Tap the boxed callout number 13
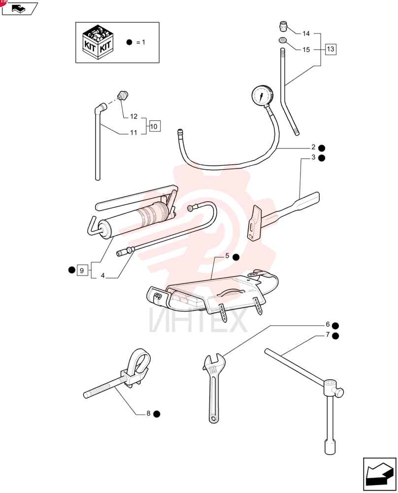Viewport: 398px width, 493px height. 330,49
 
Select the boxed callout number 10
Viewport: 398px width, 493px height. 154,126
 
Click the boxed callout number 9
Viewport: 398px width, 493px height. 82,270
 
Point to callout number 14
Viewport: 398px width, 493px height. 306,34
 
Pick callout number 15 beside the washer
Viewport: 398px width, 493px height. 306,50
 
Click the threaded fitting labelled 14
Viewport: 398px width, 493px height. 284,26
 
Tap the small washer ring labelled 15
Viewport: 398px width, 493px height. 282,40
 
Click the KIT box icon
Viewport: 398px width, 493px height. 98,42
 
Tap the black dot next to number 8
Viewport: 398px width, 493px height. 157,414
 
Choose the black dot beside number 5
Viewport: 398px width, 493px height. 236,257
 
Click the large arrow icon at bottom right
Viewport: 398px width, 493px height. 379,474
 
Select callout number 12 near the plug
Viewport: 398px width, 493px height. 134,116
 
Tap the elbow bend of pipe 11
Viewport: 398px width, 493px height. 101,108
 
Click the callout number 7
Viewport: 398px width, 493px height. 328,335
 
